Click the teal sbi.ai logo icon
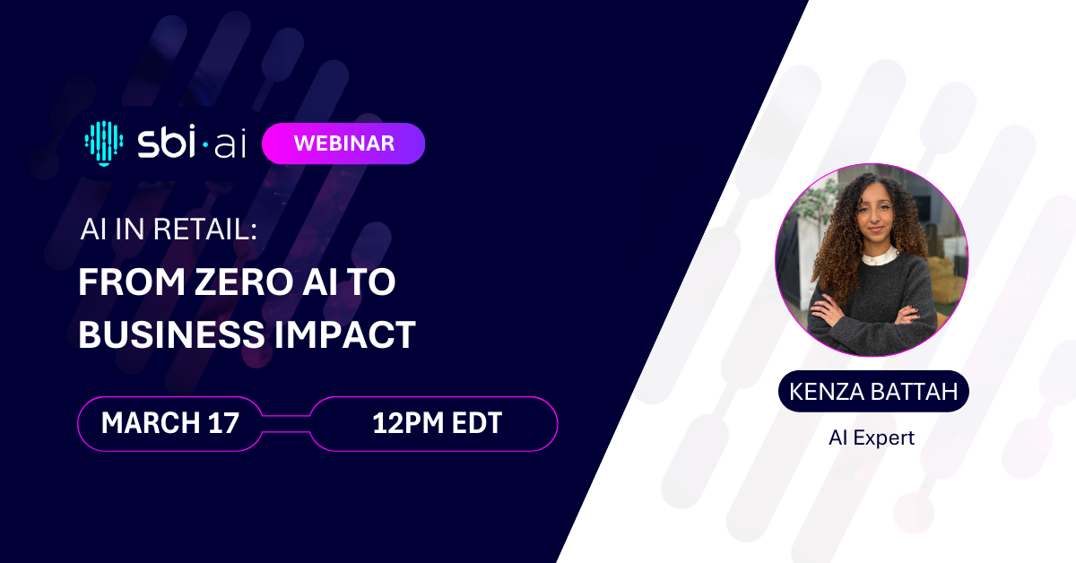[x=103, y=143]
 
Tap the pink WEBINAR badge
[x=343, y=143]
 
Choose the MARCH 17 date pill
[x=170, y=422]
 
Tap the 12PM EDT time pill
[x=436, y=422]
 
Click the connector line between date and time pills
[x=286, y=422]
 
